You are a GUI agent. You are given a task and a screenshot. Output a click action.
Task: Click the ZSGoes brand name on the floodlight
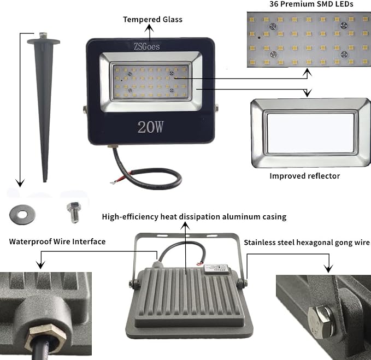click(x=146, y=46)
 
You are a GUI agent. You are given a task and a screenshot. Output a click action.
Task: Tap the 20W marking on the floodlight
click(x=150, y=127)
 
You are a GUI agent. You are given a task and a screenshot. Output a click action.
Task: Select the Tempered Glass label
click(x=152, y=20)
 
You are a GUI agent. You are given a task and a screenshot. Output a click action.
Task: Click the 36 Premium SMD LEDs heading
click(x=311, y=4)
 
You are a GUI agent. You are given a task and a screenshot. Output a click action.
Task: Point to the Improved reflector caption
click(x=305, y=176)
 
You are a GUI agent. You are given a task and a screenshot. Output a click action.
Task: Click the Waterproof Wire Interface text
click(x=57, y=241)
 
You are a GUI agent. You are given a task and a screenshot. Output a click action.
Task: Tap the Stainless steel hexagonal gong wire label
click(x=307, y=243)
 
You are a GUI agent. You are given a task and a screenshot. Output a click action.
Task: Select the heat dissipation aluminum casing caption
click(x=194, y=217)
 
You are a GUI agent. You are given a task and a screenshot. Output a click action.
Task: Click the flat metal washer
click(x=22, y=215)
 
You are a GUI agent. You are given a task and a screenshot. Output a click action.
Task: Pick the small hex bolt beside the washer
click(x=74, y=213)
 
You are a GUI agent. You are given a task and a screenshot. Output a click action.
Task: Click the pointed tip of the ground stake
click(x=44, y=181)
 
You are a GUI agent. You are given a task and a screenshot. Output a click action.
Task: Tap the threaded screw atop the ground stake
click(x=43, y=36)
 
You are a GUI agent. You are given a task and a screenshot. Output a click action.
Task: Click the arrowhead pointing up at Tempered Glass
click(x=149, y=28)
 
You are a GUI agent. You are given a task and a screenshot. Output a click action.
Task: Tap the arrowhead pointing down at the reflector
click(x=307, y=93)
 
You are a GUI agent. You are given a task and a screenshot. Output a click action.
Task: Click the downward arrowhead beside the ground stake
click(x=20, y=183)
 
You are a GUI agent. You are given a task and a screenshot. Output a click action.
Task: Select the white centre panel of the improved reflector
click(x=310, y=133)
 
